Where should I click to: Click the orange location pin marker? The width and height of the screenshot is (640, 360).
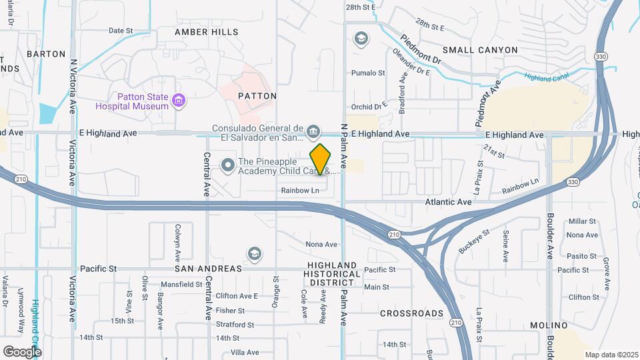[321, 159]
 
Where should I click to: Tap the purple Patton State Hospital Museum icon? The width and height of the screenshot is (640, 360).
[178, 101]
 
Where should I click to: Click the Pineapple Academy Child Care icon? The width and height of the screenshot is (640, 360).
[228, 164]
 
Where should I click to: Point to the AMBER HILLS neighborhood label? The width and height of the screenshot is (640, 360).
[207, 32]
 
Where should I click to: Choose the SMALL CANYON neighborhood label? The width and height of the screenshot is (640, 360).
[479, 50]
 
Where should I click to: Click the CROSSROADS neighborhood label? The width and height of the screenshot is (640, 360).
[411, 313]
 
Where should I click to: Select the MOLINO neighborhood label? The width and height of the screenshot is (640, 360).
[549, 325]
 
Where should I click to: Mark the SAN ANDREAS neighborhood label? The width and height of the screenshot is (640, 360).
[208, 269]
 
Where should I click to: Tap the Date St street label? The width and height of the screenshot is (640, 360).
[121, 31]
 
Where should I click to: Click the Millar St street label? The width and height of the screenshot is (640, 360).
[582, 221]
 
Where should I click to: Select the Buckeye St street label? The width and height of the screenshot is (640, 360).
[474, 241]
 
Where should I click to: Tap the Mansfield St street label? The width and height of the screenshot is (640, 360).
[181, 284]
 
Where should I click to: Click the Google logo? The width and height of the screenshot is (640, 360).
[22, 351]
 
